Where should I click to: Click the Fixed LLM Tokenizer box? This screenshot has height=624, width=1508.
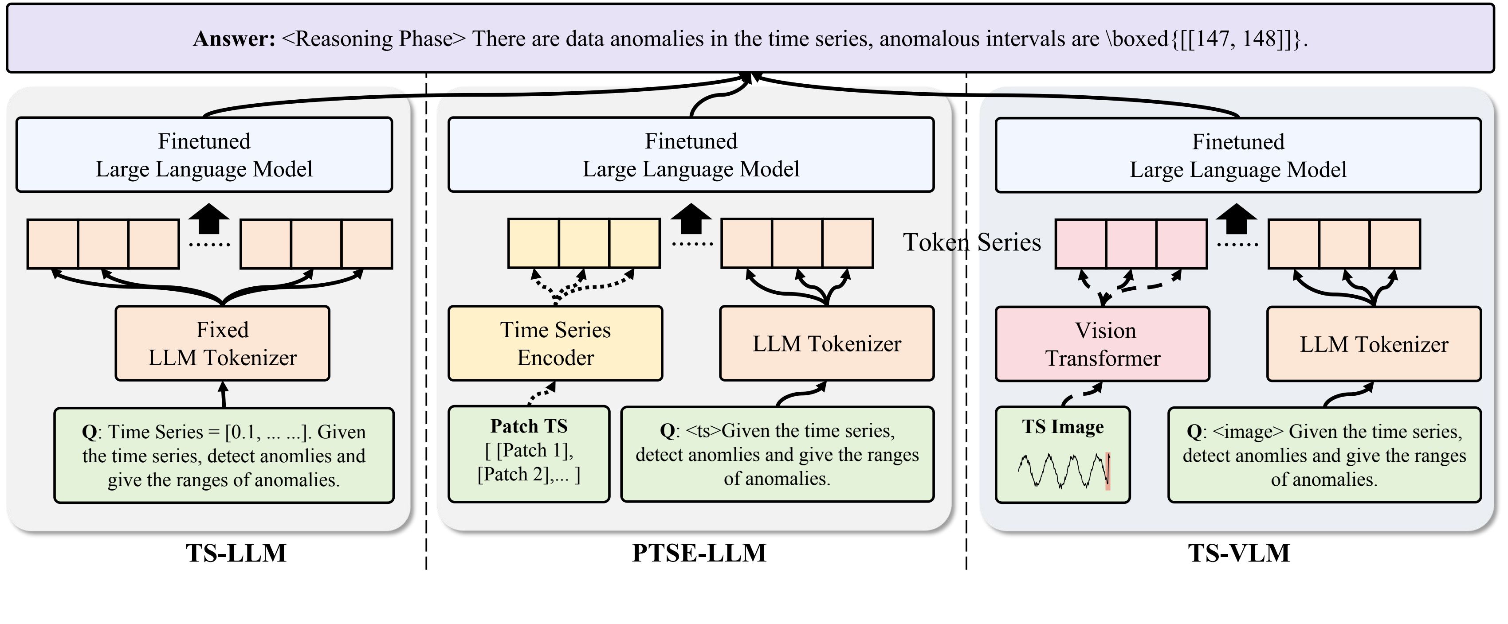tap(223, 343)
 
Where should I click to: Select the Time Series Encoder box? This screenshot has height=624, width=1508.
tap(555, 343)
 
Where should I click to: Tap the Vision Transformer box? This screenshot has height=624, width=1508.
tap(1102, 344)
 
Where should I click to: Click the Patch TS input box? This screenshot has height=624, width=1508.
tap(529, 454)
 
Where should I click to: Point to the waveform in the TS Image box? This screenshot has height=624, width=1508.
tap(1061, 471)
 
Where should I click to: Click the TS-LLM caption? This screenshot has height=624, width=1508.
tap(236, 553)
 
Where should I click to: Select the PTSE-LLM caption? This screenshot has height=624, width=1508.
tap(699, 553)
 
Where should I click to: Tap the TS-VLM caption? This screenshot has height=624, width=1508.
tap(1239, 553)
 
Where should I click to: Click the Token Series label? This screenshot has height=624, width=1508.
tap(972, 242)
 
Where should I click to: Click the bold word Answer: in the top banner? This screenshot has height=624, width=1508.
tap(234, 39)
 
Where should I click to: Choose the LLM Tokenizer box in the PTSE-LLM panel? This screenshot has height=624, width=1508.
tap(827, 343)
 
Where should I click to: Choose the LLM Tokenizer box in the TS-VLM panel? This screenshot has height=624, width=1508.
tap(1373, 344)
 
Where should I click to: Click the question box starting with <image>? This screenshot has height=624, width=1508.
tap(1324, 455)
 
